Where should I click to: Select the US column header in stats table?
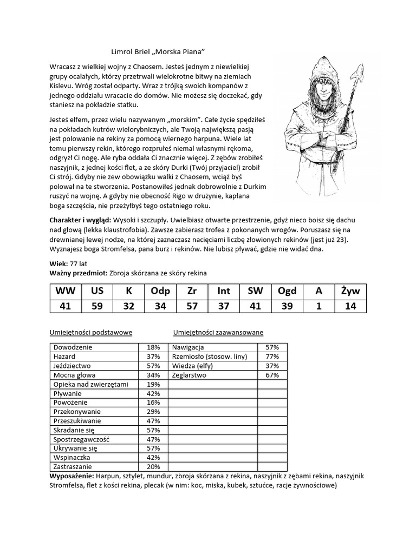coord(97,291)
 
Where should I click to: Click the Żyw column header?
coord(350,291)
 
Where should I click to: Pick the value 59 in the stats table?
coord(97,306)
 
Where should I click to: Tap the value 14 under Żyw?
coord(350,306)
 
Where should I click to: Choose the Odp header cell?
coord(160,291)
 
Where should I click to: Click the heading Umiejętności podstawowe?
coord(90,332)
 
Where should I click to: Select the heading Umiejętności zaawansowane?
coord(218,332)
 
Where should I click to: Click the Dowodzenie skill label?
coord(71,347)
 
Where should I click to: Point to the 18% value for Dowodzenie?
coord(153,347)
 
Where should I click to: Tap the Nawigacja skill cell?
coord(187,347)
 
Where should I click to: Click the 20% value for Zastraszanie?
coord(153,466)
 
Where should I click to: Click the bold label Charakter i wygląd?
coord(80,220)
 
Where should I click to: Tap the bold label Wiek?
coord(58,263)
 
